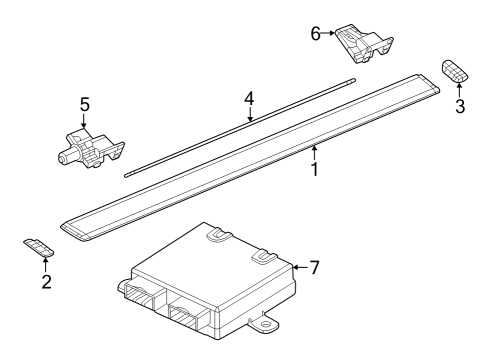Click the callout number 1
tap(314, 170)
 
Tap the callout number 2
tap(45, 281)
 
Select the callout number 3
tap(460, 106)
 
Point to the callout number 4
tap(249, 99)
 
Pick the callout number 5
tap(84, 103)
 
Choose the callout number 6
tap(316, 33)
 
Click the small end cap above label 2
tap(38, 247)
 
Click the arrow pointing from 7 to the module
tap(299, 267)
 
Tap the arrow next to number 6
tap(330, 33)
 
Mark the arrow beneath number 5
tap(84, 120)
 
